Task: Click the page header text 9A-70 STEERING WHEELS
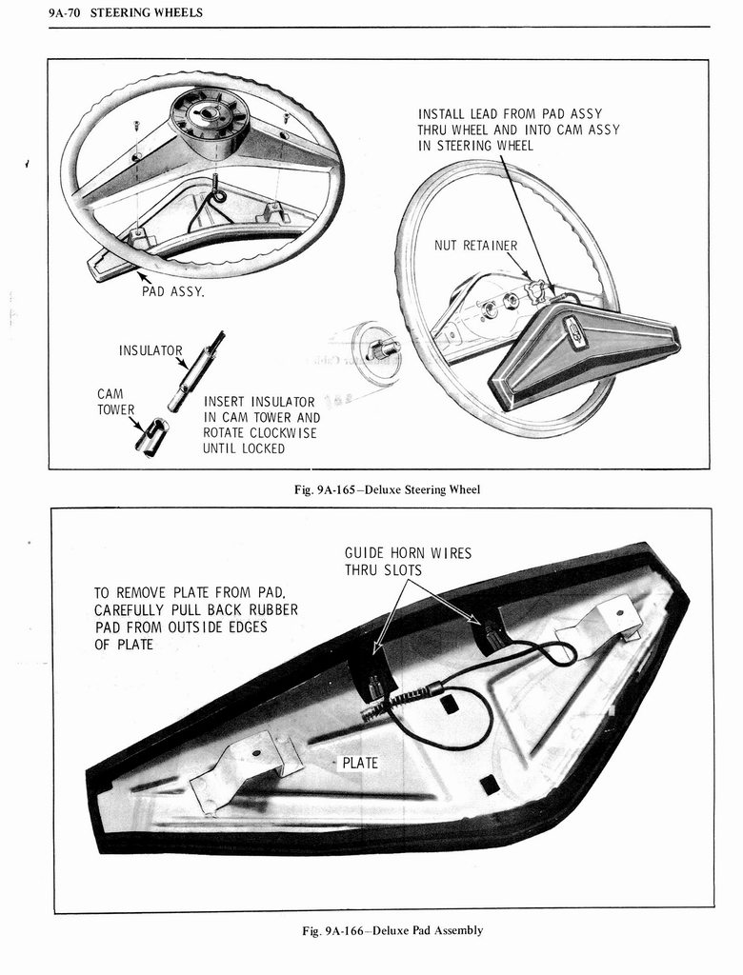click(x=125, y=12)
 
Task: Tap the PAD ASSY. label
click(x=172, y=291)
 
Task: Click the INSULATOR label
click(x=150, y=351)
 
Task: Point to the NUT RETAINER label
click(x=475, y=246)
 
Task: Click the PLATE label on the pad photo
click(x=359, y=763)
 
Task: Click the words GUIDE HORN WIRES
click(x=408, y=553)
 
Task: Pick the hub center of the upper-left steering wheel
click(x=208, y=113)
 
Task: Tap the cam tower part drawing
click(x=151, y=438)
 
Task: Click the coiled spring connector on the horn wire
click(x=392, y=702)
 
